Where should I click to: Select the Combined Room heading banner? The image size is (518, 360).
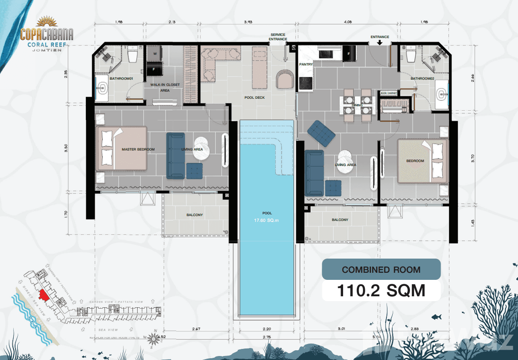click(x=381, y=269)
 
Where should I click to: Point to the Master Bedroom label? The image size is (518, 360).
click(x=138, y=150)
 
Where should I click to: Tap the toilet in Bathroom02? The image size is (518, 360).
click(x=410, y=55)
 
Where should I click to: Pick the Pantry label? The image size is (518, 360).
click(x=306, y=65)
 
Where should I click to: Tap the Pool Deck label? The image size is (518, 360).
click(x=254, y=97)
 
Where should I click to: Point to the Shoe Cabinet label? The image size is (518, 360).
click(x=389, y=93)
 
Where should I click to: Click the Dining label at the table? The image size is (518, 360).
click(x=357, y=105)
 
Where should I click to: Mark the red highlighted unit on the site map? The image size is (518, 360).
click(x=43, y=295)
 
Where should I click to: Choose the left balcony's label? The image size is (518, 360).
click(x=194, y=215)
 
